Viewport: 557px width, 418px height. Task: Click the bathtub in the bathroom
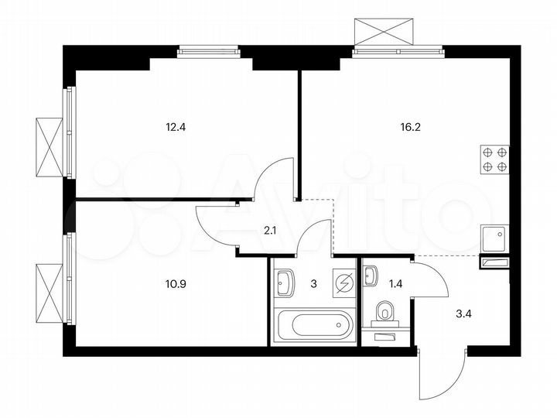coord(314,323)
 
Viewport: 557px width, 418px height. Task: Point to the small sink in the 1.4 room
coord(371,275)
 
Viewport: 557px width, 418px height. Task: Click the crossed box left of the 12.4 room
coord(49,147)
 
